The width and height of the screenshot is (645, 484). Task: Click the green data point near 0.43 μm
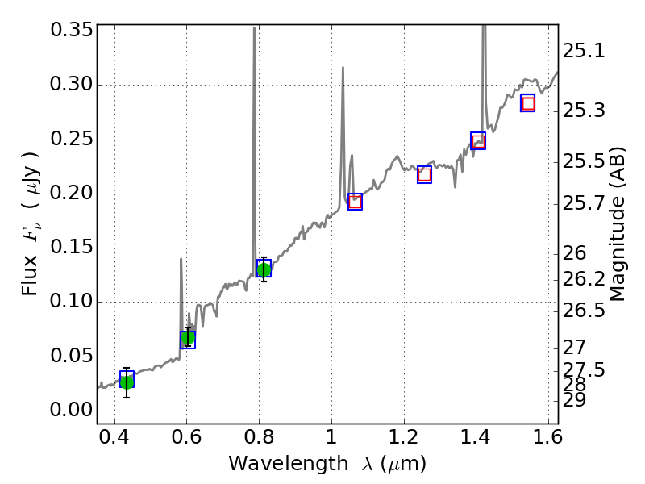coord(127,382)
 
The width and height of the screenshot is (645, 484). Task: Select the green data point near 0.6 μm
coord(188,338)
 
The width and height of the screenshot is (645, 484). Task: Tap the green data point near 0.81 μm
coord(264,269)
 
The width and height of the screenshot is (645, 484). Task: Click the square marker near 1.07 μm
coord(355,202)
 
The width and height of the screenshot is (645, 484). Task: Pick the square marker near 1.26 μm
coord(424,174)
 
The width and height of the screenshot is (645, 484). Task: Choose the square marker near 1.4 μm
coord(478,141)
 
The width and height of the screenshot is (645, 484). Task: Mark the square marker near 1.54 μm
coord(528,103)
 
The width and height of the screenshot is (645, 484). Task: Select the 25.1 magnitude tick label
coord(584,52)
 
